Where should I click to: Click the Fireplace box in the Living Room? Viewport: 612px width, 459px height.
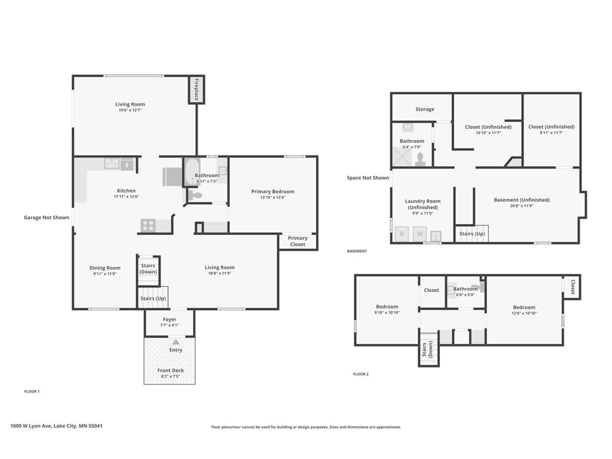tap(196, 90)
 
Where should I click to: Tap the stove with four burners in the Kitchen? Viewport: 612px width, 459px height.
tap(148, 225)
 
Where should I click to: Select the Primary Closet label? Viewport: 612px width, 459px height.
tap(298, 241)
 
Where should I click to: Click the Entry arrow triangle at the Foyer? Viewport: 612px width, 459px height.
tap(176, 342)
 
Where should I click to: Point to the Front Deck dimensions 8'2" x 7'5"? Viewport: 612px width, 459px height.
tap(170, 377)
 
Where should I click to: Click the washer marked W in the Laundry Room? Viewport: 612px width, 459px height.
tap(420, 234)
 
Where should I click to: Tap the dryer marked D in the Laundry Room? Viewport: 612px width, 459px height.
tap(402, 234)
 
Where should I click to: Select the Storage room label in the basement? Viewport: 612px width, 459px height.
tap(425, 109)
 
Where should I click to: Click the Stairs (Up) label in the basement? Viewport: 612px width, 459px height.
tap(472, 234)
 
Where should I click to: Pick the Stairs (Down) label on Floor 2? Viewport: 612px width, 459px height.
tap(427, 349)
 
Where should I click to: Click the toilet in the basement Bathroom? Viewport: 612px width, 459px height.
tap(420, 159)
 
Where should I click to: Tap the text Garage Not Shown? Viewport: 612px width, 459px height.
tap(47, 218)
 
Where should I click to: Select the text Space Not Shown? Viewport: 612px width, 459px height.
tap(368, 178)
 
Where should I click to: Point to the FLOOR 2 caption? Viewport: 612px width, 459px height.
tap(360, 374)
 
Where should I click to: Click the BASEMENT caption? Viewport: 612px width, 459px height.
tap(357, 251)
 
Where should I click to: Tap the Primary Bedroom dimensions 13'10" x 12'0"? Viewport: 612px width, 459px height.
tap(273, 197)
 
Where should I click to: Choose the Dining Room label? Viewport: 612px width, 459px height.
tap(105, 268)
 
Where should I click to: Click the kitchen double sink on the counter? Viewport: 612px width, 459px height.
tap(112, 164)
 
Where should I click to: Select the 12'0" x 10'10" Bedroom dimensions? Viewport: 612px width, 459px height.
tap(524, 313)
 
